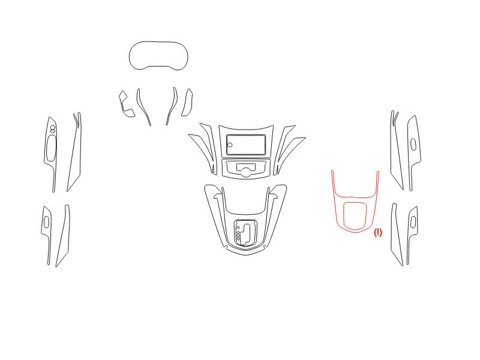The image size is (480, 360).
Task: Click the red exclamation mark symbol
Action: (x=378, y=232)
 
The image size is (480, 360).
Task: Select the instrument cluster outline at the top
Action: (x=130, y=56)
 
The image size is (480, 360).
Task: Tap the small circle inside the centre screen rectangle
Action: (x=230, y=145)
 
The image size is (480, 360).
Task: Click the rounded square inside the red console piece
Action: (x=344, y=216)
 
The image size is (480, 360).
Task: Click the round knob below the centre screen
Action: (x=245, y=172)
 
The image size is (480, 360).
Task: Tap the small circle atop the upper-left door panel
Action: (x=53, y=127)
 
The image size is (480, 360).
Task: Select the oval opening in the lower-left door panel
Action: (x=46, y=223)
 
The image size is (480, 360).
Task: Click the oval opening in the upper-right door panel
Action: (x=413, y=144)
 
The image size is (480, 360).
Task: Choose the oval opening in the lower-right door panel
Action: (x=413, y=221)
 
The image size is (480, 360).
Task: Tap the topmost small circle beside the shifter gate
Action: (x=238, y=228)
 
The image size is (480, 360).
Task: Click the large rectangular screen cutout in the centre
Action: (x=246, y=145)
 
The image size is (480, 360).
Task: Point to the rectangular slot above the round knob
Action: (x=246, y=167)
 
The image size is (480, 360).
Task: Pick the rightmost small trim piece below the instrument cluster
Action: (x=187, y=103)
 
